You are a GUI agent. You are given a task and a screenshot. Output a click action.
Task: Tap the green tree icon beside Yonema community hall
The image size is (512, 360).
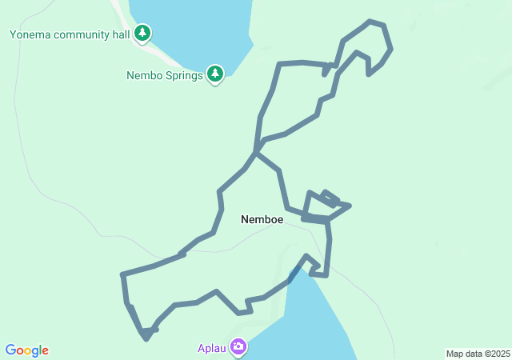[x=142, y=33]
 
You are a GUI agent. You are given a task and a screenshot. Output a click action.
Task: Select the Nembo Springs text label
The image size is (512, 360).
[x=165, y=76]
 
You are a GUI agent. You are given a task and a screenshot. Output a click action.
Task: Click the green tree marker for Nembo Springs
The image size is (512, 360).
[x=214, y=74]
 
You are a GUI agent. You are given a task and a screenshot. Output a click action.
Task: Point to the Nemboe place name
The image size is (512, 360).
[x=262, y=218]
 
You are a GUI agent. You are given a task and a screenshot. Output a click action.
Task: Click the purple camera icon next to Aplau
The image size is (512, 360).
[x=238, y=346]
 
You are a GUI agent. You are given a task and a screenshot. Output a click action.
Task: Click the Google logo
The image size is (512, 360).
[x=27, y=350]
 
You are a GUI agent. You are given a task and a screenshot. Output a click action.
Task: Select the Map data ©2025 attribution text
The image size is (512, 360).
[x=478, y=354]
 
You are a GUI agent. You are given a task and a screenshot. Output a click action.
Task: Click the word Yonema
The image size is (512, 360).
[x=30, y=34]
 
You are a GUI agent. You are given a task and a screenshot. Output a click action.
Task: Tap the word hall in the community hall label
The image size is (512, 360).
[x=120, y=34]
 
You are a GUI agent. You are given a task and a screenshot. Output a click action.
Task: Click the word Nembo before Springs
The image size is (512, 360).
[x=145, y=76]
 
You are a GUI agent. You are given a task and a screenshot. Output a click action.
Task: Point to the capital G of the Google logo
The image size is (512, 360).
[x=10, y=350]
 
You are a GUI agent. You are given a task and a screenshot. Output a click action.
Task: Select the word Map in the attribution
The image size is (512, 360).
[x=454, y=354]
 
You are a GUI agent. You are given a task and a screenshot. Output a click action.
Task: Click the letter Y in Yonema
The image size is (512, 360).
[x=13, y=34]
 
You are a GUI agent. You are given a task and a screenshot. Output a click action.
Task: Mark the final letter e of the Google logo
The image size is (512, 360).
[x=45, y=351]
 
